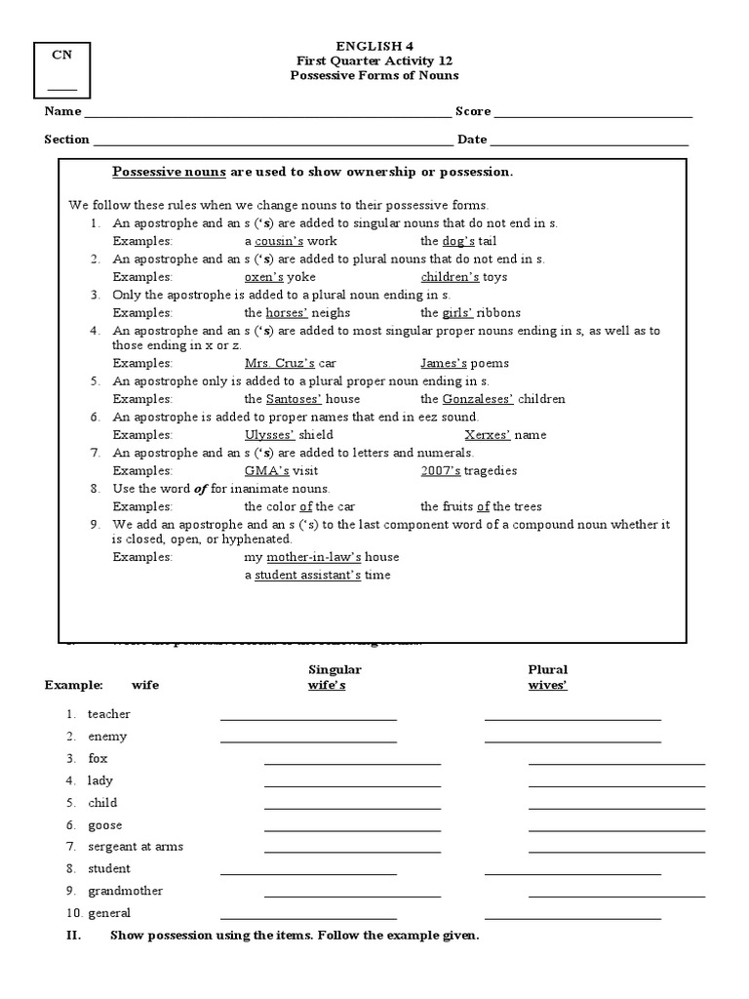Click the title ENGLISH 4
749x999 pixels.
tap(375, 45)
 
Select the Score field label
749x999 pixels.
tap(473, 111)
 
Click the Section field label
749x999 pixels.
tap(66, 140)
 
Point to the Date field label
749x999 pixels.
tap(472, 140)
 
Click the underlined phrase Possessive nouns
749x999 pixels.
tap(169, 172)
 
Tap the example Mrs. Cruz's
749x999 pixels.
tap(280, 363)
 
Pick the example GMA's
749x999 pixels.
tap(262, 470)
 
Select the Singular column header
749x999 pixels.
tap(335, 669)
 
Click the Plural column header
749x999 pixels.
tap(547, 669)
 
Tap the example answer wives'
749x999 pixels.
tap(547, 685)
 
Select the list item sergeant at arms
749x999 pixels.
tap(135, 847)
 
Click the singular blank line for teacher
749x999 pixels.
tap(308, 718)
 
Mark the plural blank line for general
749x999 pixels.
tap(572, 917)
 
